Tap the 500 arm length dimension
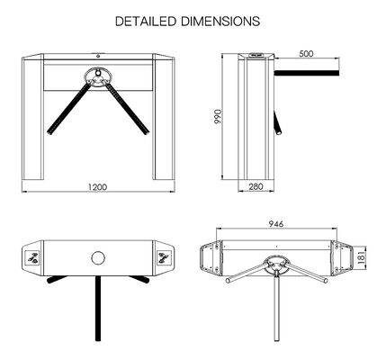point(308,55)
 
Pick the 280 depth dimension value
point(256,187)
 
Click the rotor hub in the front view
point(97,76)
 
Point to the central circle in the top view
point(97,258)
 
